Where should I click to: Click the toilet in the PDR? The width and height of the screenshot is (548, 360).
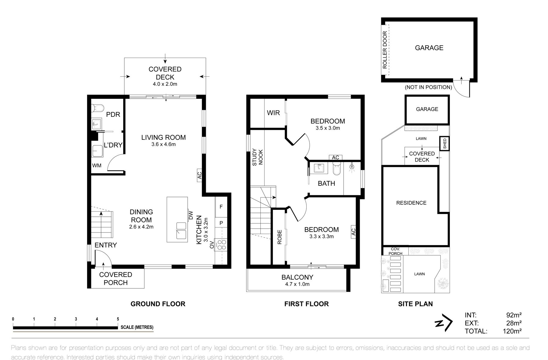click(97, 107)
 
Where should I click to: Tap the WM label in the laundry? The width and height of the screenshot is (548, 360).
click(97, 165)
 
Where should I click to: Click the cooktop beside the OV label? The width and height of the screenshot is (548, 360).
click(222, 245)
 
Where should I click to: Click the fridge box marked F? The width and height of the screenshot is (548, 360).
click(221, 207)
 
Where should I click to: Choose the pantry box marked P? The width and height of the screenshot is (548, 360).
click(221, 223)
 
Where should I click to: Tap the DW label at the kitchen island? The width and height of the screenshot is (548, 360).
click(191, 215)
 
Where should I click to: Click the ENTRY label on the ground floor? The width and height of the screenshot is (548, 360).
click(106, 245)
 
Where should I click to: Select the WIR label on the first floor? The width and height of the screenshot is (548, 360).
click(273, 113)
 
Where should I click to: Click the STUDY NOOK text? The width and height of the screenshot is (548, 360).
click(257, 157)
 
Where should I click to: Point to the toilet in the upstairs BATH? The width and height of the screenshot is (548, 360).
click(336, 170)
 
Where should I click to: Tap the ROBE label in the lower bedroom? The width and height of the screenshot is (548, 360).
click(280, 237)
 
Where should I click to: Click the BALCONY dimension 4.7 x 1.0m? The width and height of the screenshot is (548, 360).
click(297, 284)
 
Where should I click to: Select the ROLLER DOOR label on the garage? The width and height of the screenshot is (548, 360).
click(385, 50)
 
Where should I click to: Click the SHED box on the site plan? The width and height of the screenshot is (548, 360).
click(444, 144)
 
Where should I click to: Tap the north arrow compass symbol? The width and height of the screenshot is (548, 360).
click(444, 323)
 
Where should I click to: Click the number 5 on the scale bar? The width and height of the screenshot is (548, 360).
click(118, 319)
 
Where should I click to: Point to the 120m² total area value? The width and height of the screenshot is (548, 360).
click(512, 331)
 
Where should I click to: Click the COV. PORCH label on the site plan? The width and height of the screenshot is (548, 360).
click(395, 251)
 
